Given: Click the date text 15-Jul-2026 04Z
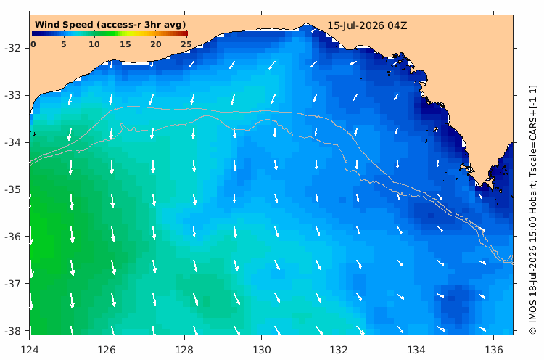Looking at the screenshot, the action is click(367, 25).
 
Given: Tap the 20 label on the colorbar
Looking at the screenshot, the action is click(156, 44).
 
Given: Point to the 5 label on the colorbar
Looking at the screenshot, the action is click(64, 44).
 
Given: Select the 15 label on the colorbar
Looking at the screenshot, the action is click(125, 44).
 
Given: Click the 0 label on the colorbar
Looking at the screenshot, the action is click(33, 44).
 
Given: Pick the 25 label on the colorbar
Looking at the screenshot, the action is click(186, 44).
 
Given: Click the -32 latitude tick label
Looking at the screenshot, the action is click(13, 48).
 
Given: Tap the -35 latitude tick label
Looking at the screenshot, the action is click(13, 189).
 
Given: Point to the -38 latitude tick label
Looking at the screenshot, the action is click(13, 330).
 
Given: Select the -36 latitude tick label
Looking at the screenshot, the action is click(13, 237).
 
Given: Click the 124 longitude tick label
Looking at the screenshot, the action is click(30, 350).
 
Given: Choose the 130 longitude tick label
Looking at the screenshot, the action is click(262, 350).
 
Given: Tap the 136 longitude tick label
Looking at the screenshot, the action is click(494, 350).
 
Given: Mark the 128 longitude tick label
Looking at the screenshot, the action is click(184, 350).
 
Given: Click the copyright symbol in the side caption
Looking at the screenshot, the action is click(532, 330).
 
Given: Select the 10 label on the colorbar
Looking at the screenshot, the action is click(94, 44).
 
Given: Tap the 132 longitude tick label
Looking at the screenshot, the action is click(339, 350).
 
